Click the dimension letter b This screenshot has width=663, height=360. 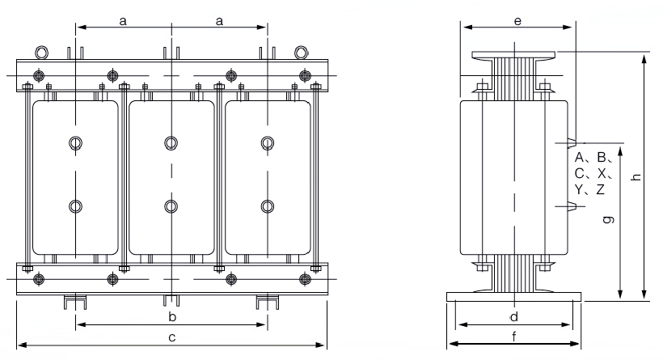click(171, 314)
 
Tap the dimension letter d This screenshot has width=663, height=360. click(513, 315)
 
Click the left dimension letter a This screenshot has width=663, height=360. click(123, 22)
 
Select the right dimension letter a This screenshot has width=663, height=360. click(219, 22)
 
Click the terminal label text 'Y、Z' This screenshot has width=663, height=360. click(590, 189)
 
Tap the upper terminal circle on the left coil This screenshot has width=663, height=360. click(75, 143)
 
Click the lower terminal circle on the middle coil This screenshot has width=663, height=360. click(171, 205)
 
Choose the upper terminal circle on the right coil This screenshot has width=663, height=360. click(266, 143)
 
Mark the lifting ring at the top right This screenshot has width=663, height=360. click(301, 52)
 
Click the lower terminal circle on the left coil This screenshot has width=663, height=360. click(75, 205)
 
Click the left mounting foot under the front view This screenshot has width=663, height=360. click(74, 302)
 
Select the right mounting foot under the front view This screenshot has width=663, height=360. click(267, 302)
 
